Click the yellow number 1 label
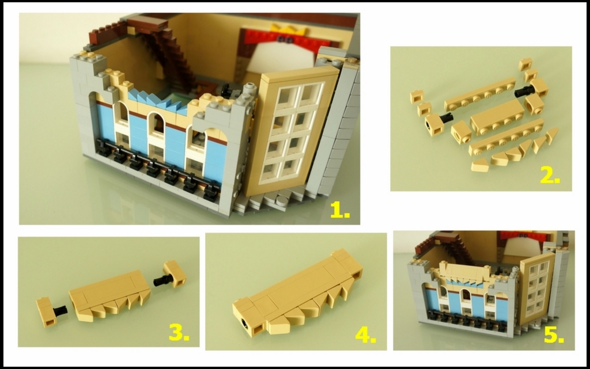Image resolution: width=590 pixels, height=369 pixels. [x=339, y=210]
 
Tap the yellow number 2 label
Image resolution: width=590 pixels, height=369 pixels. [x=550, y=175]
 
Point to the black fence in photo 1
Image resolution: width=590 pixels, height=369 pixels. [x=158, y=165]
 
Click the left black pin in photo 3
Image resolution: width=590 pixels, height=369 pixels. [x=60, y=310]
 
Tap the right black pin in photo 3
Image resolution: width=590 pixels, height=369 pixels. [x=162, y=280]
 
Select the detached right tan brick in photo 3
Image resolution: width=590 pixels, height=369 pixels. [x=175, y=273]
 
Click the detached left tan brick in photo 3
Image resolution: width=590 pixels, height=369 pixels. [x=46, y=311]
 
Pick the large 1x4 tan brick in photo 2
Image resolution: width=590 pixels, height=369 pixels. [x=497, y=117]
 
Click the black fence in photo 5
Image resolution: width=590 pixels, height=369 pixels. [x=466, y=321]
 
